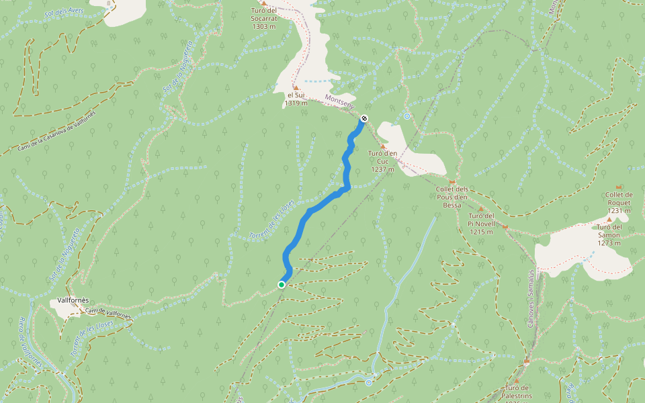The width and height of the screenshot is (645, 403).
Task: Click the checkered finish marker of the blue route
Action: pos(364,119)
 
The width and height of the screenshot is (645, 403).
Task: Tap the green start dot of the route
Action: pos(282,285)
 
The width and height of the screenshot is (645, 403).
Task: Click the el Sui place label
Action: pos(295,95)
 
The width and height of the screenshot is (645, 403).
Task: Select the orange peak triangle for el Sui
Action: pos(295,87)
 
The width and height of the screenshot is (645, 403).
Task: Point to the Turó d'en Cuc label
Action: pos(382,157)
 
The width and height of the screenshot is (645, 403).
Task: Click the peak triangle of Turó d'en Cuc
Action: pos(383,146)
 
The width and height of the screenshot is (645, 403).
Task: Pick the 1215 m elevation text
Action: pos(482,232)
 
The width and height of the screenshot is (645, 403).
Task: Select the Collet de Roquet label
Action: pos(618,198)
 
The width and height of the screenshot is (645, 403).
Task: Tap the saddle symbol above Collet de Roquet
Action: pos(619,187)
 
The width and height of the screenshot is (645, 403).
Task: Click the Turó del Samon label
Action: pos(609,231)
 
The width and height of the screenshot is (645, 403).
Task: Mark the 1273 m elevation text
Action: pos(609,242)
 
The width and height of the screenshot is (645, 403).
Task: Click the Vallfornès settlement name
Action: pos(74,300)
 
